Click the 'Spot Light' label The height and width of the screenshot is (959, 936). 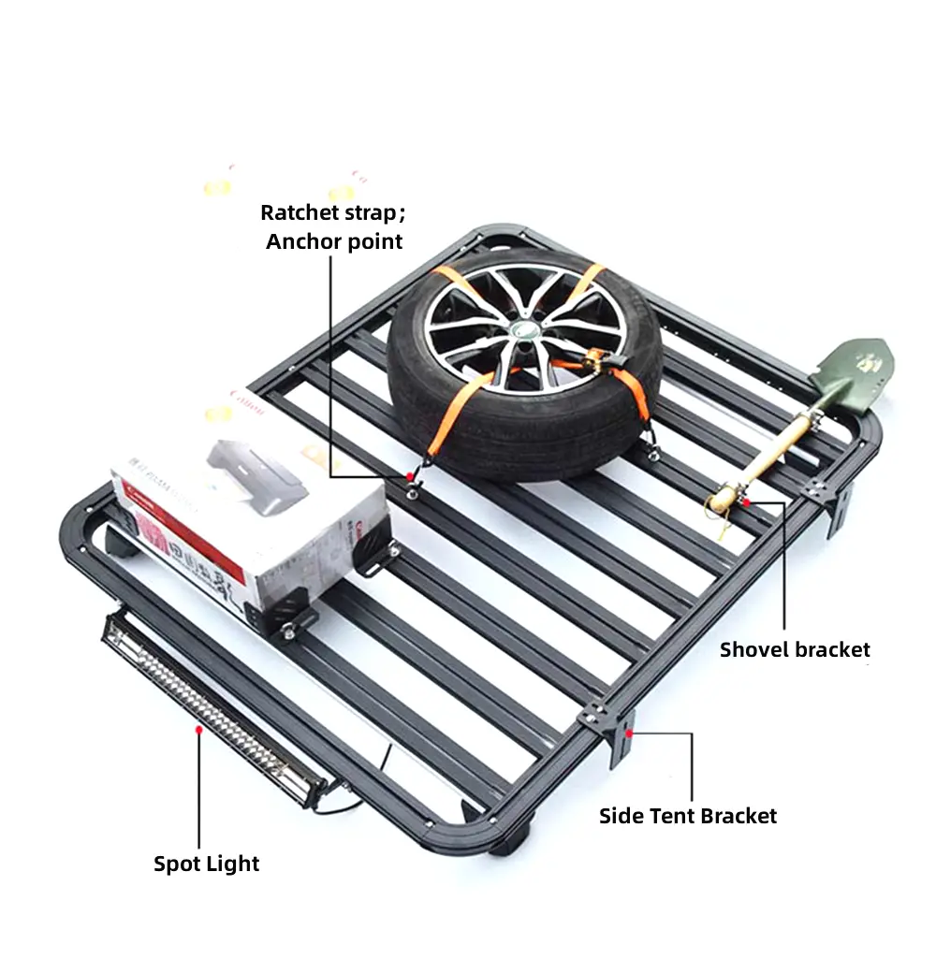point(206,863)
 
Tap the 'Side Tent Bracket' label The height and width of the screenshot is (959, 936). point(688,816)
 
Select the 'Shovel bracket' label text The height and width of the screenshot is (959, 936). point(795,649)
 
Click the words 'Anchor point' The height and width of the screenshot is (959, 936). point(334,241)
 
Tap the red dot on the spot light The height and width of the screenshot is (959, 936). point(197,727)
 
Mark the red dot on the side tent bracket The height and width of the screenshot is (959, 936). point(629,734)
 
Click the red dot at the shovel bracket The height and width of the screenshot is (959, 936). point(746,502)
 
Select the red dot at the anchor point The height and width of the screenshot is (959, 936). point(409,477)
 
